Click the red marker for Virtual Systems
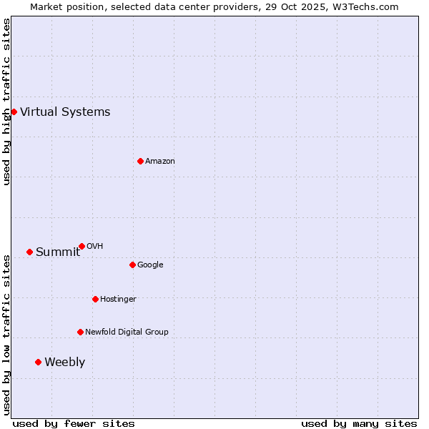click(14, 112)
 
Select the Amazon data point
click(140, 161)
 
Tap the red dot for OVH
click(82, 246)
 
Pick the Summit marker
click(29, 252)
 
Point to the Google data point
click(132, 265)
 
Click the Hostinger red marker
click(95, 299)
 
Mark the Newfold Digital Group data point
click(80, 332)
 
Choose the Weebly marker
click(38, 362)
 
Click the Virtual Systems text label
click(65, 112)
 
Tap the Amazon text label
click(160, 161)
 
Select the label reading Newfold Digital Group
click(127, 332)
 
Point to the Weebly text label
click(64, 362)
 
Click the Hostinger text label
click(118, 299)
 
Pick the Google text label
click(150, 265)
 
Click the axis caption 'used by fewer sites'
click(74, 423)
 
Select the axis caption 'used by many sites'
click(359, 423)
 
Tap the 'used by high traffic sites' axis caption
click(6, 102)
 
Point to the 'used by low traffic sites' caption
click(6, 335)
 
